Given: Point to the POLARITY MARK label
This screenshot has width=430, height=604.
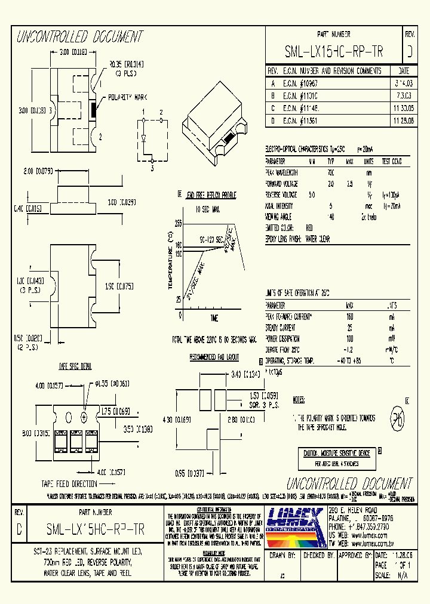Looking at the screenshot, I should coord(127,97).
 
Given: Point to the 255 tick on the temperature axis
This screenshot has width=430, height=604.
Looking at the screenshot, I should coord(177,223).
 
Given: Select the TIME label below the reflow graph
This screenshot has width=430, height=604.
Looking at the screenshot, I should coord(214,317).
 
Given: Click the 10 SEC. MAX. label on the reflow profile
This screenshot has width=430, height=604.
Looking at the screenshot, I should coord(207,209).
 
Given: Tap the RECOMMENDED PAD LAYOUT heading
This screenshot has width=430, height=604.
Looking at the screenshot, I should coord(214,357).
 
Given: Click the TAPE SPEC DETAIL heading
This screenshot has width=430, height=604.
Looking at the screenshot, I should coord(75,365).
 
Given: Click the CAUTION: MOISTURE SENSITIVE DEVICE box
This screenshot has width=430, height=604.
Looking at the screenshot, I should coord(337,453).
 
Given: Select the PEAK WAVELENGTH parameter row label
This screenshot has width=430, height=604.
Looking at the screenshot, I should coord(282,172).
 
